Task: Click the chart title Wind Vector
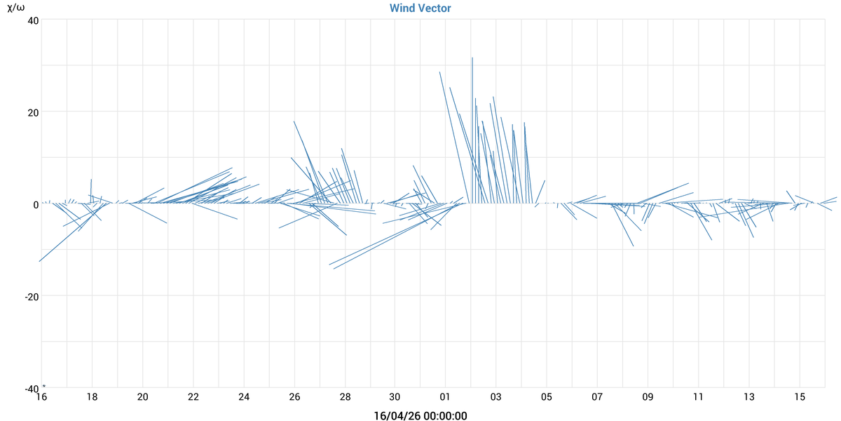pyautogui.click(x=420, y=8)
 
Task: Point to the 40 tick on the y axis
pyautogui.click(x=32, y=20)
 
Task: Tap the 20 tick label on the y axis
pyautogui.click(x=32, y=112)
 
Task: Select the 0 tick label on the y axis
pyautogui.click(x=35, y=204)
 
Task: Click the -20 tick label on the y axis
pyautogui.click(x=30, y=296)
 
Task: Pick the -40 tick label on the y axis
pyautogui.click(x=30, y=388)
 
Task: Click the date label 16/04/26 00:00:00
pyautogui.click(x=420, y=416)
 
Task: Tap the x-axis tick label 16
pyautogui.click(x=41, y=397)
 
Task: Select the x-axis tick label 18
pyautogui.click(x=92, y=397)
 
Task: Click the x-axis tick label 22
pyautogui.click(x=193, y=397)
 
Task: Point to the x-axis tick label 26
pyautogui.click(x=294, y=397)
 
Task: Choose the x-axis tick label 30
pyautogui.click(x=395, y=397)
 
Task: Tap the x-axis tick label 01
pyautogui.click(x=446, y=397)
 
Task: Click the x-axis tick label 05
pyautogui.click(x=547, y=397)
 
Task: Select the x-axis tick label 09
pyautogui.click(x=648, y=397)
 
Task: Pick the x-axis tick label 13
pyautogui.click(x=749, y=397)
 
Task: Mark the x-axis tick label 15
pyautogui.click(x=800, y=397)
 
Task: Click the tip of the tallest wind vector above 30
pyautogui.click(x=472, y=58)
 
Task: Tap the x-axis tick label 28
pyautogui.click(x=345, y=397)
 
